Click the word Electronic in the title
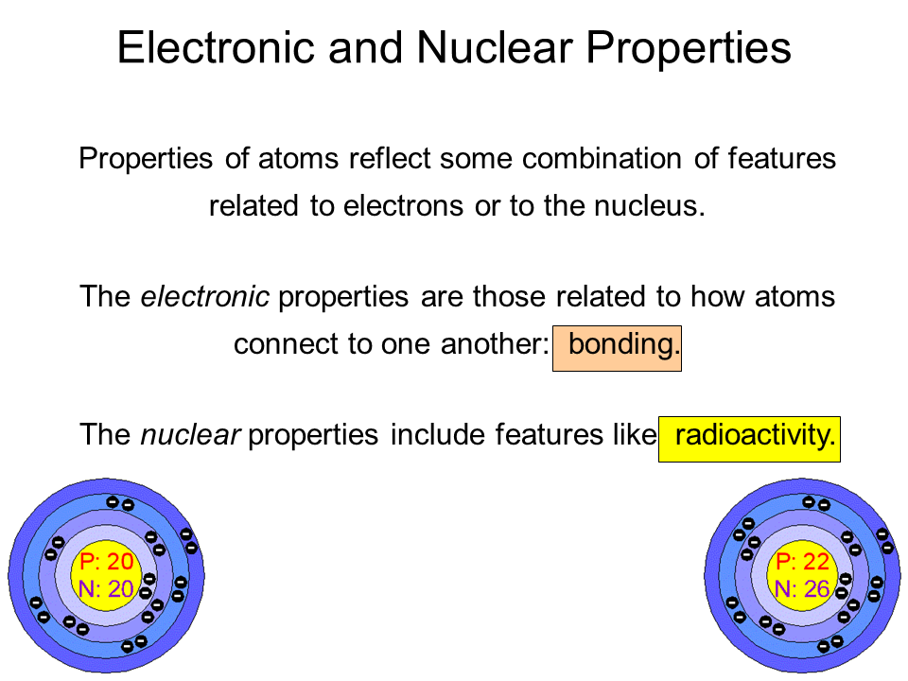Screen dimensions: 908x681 click(216, 47)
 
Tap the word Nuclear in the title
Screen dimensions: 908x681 click(495, 47)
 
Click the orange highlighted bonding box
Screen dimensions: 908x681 click(617, 348)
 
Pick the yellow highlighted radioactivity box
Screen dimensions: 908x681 click(749, 439)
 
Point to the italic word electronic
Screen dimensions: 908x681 click(204, 296)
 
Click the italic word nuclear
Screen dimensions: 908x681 click(190, 435)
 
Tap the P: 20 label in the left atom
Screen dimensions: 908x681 click(107, 561)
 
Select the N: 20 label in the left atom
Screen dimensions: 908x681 click(107, 589)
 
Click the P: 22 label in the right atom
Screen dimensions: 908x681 click(803, 561)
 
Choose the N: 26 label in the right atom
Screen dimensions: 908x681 click(803, 589)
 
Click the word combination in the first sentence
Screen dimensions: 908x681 click(602, 158)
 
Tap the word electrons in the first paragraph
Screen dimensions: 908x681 click(404, 206)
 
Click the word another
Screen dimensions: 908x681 click(495, 344)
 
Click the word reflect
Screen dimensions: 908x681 click(389, 158)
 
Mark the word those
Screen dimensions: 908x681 click(509, 296)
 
